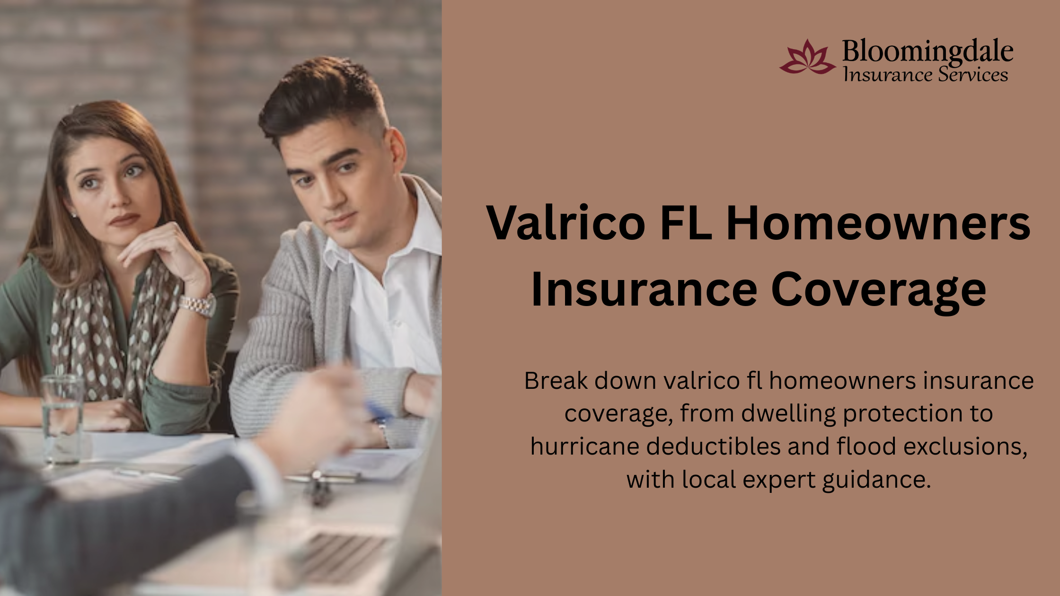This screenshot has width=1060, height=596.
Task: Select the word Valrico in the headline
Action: coord(566,222)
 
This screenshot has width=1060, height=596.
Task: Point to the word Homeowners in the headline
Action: coord(878,222)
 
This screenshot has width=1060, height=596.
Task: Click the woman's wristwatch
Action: coord(198,305)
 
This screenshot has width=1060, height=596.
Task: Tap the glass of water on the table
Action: coord(62,419)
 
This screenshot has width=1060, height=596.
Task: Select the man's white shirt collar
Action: coord(379,237)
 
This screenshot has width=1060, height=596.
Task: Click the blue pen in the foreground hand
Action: coord(379,411)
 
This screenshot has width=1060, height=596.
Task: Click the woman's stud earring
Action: coord(73,215)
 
